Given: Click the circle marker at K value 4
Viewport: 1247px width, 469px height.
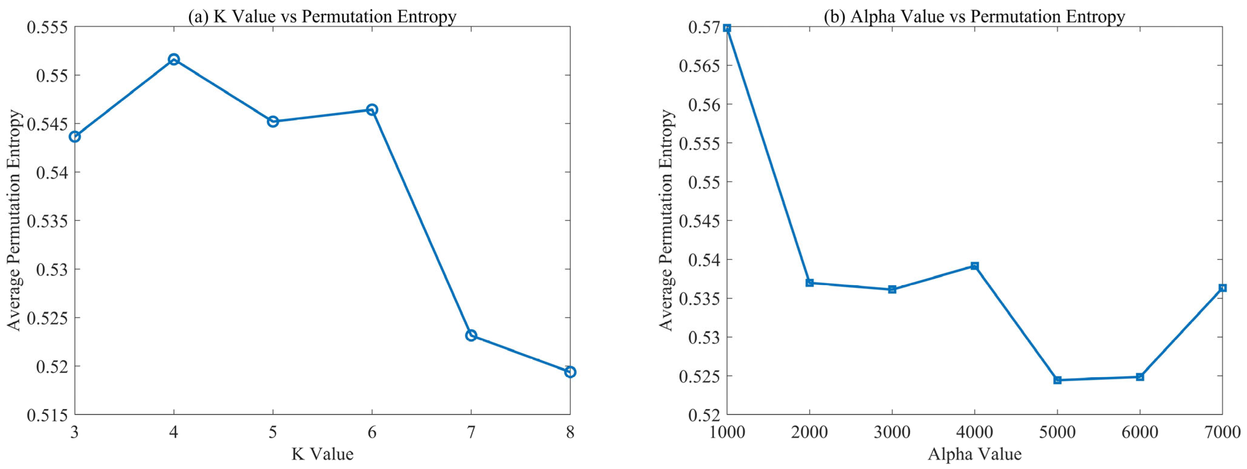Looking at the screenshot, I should [x=174, y=59].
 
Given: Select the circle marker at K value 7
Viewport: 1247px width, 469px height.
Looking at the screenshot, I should [x=471, y=335].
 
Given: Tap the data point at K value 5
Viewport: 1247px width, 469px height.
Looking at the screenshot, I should [x=273, y=122].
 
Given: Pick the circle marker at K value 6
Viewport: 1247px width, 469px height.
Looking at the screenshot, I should [x=372, y=110].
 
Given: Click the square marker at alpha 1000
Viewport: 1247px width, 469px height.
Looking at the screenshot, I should [x=727, y=28].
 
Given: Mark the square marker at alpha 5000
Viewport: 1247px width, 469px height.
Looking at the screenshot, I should [x=1057, y=380].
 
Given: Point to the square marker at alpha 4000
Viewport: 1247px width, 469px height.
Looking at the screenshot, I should [x=974, y=266].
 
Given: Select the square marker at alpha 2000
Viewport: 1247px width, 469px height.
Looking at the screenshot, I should [x=809, y=283].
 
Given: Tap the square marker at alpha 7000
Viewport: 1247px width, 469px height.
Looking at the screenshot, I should [x=1222, y=288].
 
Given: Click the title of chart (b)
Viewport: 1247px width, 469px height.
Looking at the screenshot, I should [x=974, y=17].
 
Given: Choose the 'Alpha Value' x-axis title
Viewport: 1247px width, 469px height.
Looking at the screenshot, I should [x=974, y=454].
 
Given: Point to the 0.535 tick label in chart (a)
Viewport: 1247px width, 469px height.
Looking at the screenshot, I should [x=47, y=221].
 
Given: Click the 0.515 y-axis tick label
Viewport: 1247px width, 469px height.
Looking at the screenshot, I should [x=47, y=415].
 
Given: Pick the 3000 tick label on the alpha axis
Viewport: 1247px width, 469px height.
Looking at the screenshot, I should [x=892, y=432].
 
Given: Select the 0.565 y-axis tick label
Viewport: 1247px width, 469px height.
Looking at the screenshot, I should [x=699, y=66].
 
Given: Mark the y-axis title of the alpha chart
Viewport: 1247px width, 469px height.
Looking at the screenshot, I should [x=667, y=220].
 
